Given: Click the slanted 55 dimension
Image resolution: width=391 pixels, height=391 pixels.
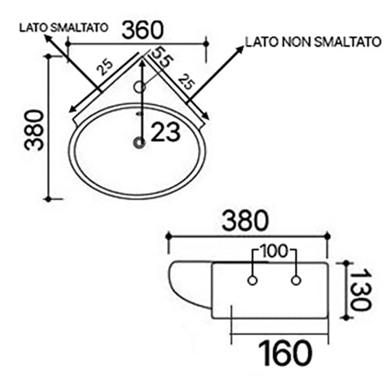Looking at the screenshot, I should coord(161,59).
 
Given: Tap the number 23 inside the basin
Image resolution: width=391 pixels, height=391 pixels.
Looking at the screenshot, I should coord(166,133).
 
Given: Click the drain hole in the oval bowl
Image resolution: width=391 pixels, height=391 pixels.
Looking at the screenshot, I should coord(140,142).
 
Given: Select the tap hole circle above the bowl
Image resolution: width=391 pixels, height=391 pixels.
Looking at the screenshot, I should coord(141,86).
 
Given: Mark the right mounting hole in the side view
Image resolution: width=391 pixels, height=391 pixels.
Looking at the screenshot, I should coord(296,280).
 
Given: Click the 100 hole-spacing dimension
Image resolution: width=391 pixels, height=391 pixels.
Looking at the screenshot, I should coord(274,252).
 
